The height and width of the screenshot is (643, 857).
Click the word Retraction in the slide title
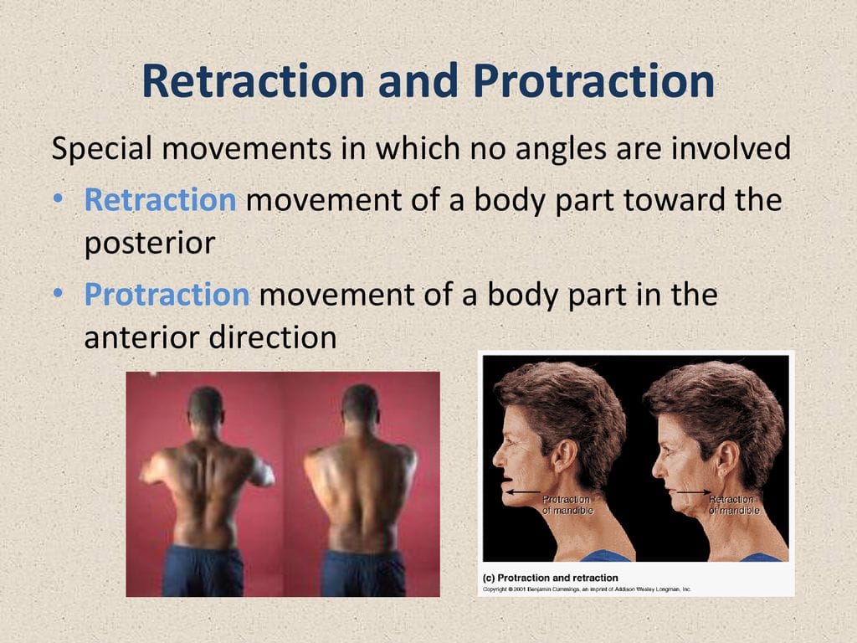tap(253, 81)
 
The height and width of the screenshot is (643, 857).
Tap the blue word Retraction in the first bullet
tap(160, 199)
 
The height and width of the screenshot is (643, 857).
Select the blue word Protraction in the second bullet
tap(167, 294)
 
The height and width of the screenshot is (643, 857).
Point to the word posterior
tap(150, 244)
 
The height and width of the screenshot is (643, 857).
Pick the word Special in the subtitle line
tap(101, 149)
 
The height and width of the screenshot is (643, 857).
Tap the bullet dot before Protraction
tap(59, 294)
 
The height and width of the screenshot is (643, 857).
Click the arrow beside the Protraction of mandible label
tap(523, 492)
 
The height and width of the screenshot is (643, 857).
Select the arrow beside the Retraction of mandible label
tap(695, 492)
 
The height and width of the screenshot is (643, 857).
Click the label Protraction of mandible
tap(567, 505)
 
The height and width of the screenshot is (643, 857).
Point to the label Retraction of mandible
tap(733, 505)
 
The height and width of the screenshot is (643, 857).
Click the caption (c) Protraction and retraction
tap(551, 578)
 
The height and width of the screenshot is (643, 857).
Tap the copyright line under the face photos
tap(587, 589)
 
